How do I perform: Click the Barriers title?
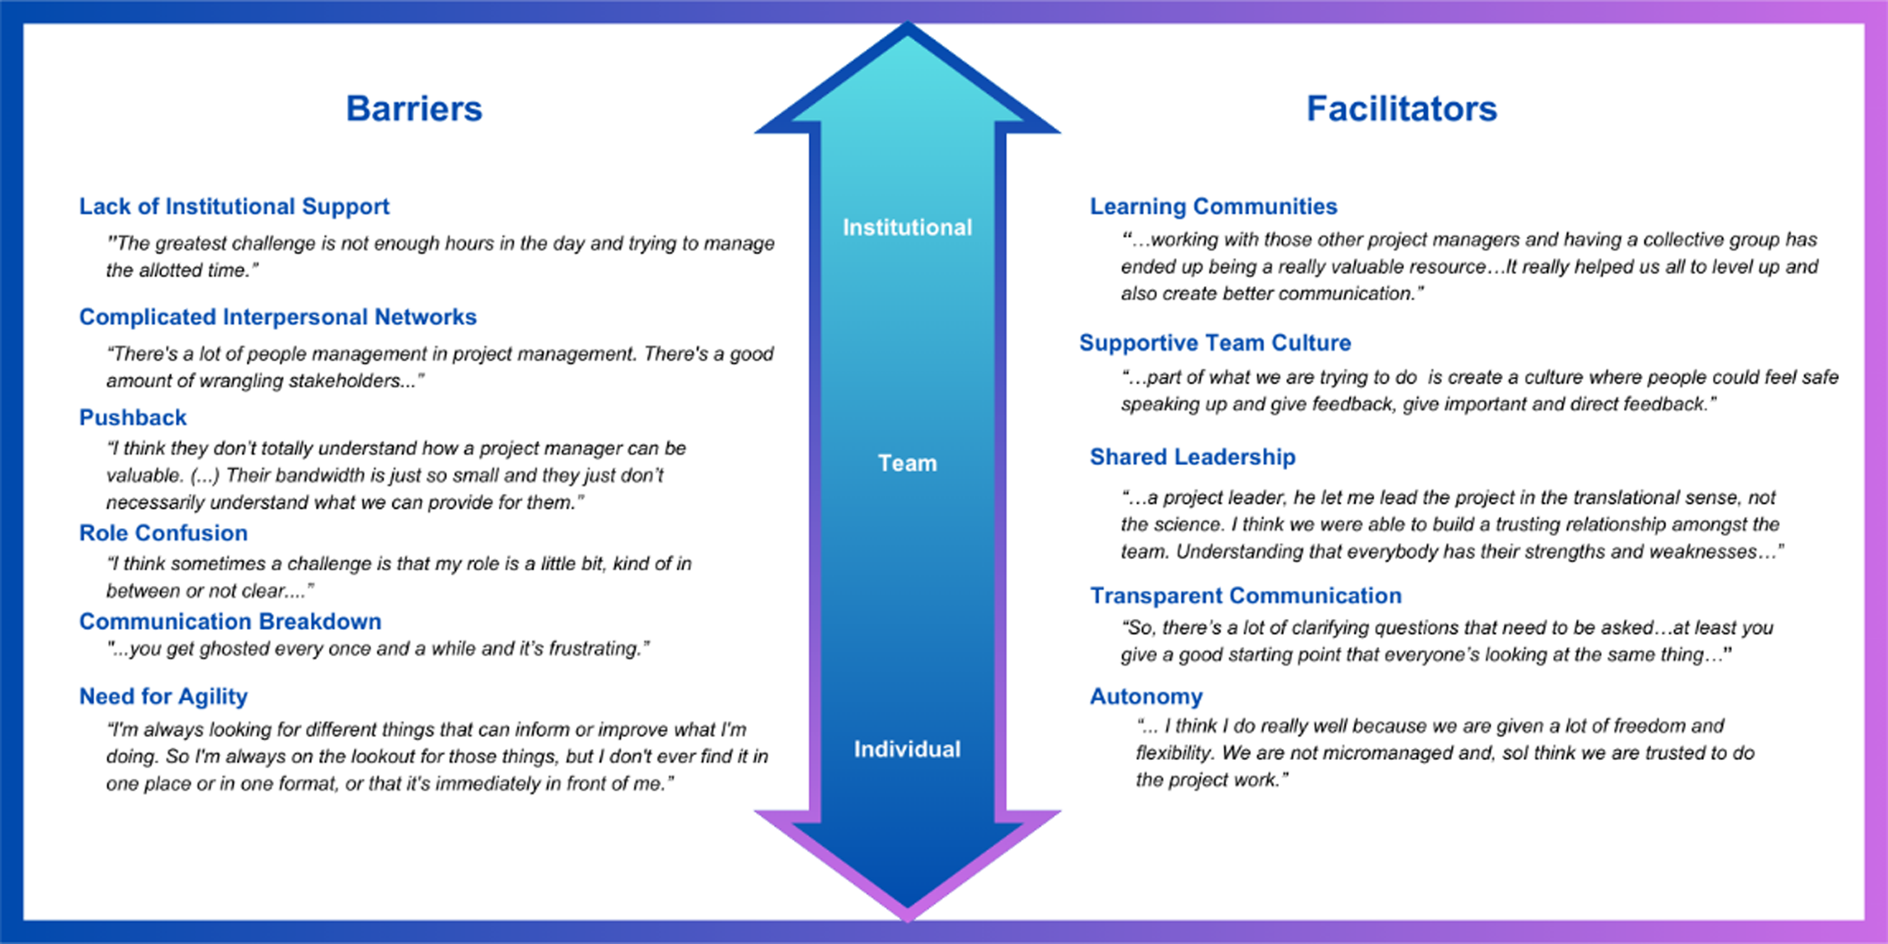click(414, 108)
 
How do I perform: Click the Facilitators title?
click(1401, 108)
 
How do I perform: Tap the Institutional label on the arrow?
click(908, 227)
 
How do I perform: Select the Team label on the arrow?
click(908, 463)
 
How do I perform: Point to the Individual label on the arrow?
click(908, 749)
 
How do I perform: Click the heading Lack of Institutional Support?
click(234, 207)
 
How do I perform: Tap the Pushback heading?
click(133, 418)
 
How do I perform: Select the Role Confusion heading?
click(163, 533)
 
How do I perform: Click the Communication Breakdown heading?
click(230, 622)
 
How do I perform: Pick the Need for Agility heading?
click(163, 696)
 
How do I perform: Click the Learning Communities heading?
click(1214, 207)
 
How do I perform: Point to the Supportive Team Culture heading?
click(1215, 343)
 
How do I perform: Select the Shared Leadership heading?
click(1192, 457)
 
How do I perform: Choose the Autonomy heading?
click(1146, 696)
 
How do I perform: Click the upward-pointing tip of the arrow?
click(908, 23)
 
